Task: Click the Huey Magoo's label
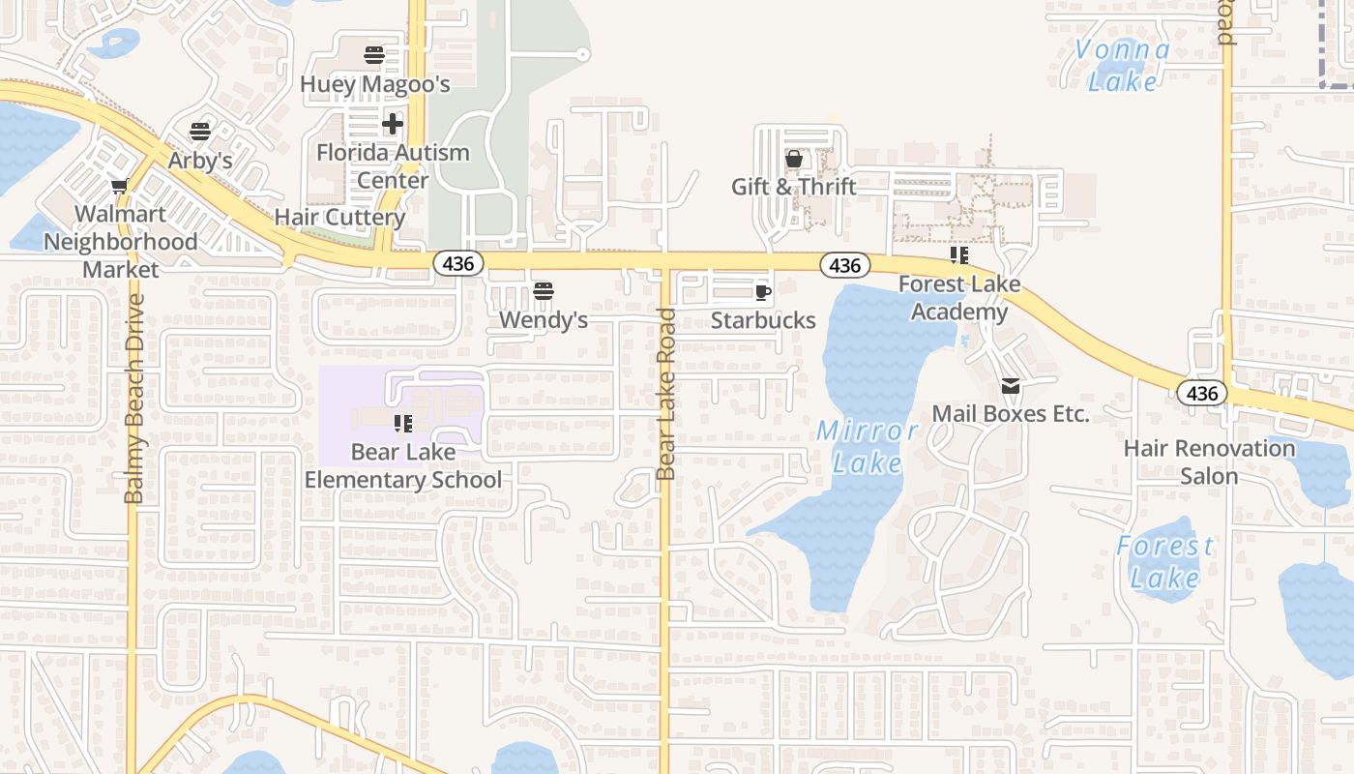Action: point(374,84)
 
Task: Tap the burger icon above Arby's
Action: point(200,132)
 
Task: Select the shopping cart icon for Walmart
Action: point(119,186)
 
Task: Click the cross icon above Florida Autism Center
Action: point(392,124)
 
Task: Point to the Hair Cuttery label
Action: point(339,217)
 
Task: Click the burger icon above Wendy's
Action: point(543,291)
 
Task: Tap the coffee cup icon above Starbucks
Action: point(762,292)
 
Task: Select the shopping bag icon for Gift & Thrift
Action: point(794,159)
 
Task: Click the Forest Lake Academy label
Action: point(958,298)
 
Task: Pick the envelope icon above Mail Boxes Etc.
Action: point(1011,386)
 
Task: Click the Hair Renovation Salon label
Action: point(1209,462)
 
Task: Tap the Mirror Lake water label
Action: point(868,447)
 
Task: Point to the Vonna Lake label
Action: point(1122,65)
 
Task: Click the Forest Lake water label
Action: point(1164,562)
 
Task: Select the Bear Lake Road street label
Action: point(665,394)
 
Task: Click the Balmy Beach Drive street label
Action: point(133,399)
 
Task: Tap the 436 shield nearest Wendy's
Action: point(457,263)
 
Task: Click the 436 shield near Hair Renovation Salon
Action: point(1201,393)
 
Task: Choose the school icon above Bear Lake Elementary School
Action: point(403,423)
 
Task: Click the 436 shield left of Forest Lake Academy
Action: point(844,265)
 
